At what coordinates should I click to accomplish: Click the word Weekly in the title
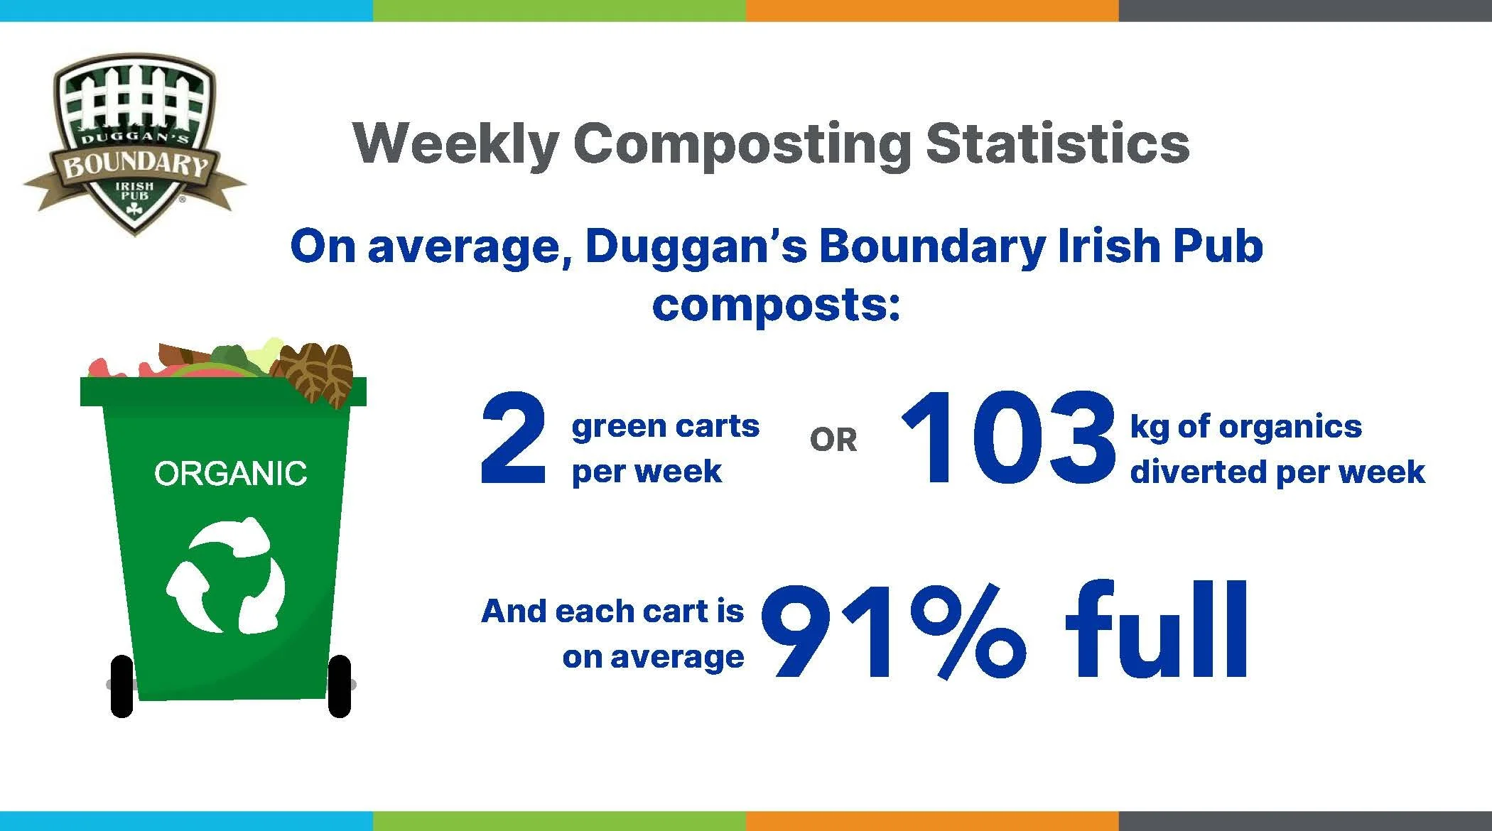(x=455, y=144)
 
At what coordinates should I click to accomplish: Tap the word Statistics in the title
(x=1058, y=144)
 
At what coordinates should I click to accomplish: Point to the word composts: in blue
(x=776, y=305)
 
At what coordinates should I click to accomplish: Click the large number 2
(x=513, y=440)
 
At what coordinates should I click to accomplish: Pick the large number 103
(x=1007, y=440)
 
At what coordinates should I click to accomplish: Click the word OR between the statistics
(x=833, y=441)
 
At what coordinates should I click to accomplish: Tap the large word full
(x=1157, y=631)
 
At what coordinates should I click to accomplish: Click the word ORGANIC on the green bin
(x=230, y=474)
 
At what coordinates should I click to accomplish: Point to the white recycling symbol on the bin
(x=226, y=575)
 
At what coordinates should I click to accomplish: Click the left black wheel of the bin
(x=122, y=686)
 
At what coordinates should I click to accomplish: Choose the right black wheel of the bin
(x=340, y=686)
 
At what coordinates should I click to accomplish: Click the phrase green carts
(x=665, y=427)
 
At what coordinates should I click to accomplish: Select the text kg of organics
(x=1246, y=427)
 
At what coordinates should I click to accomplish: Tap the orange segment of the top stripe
(x=932, y=10)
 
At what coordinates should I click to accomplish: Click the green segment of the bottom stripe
(x=559, y=821)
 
